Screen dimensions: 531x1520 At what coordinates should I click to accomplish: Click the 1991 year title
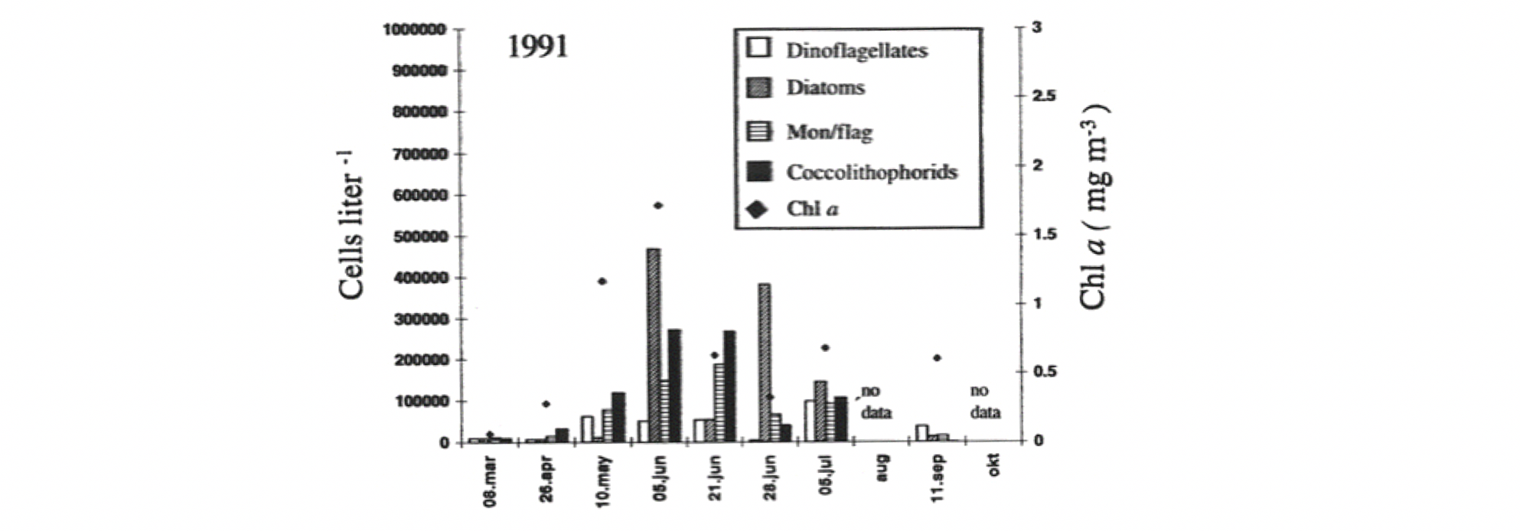tap(538, 47)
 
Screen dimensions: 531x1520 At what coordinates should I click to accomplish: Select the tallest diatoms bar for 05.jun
tap(653, 344)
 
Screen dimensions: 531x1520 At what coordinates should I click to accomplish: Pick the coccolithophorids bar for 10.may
tap(618, 417)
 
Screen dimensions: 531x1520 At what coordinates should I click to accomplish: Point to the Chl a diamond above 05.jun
tap(657, 205)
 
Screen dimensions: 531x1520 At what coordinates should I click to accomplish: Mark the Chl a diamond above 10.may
tap(602, 282)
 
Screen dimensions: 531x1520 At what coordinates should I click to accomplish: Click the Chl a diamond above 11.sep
tap(938, 358)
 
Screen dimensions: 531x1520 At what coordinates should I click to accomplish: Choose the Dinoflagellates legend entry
tap(856, 50)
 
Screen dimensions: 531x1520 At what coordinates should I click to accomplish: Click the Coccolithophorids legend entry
tap(872, 171)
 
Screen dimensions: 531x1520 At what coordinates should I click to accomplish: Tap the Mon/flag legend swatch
tap(758, 132)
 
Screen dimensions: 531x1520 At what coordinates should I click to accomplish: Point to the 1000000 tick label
tap(414, 30)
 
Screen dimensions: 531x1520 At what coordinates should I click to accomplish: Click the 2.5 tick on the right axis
tap(1042, 96)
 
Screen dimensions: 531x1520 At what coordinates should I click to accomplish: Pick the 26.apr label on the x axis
tap(546, 478)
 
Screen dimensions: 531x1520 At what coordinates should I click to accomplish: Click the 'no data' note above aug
tap(876, 402)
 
